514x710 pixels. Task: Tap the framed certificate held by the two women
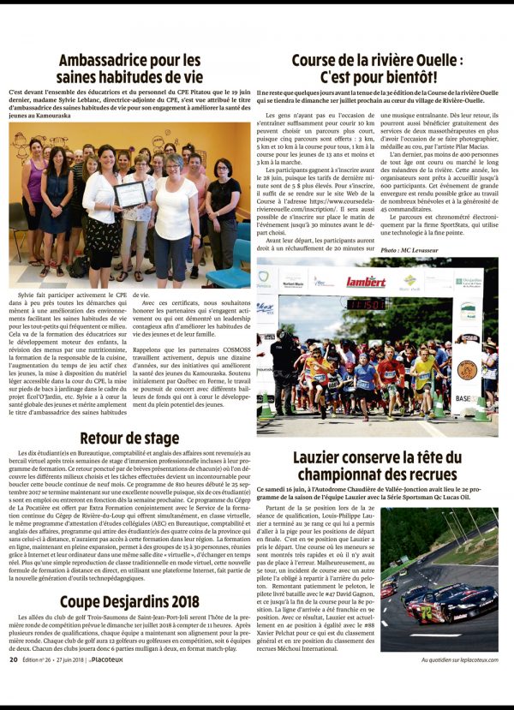[131, 194]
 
